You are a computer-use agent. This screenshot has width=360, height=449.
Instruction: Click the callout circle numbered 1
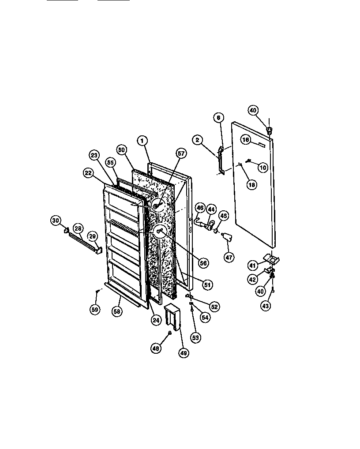(x=142, y=141)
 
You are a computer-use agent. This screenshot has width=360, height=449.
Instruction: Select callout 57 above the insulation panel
(x=181, y=153)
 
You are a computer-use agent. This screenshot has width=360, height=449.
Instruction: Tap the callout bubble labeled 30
(x=56, y=221)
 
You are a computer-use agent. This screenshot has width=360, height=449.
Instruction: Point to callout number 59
(x=95, y=309)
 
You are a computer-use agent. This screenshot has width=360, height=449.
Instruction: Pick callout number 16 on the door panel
(x=246, y=140)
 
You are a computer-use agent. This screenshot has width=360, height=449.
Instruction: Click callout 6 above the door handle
(x=217, y=117)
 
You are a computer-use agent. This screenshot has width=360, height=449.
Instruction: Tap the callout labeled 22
(x=88, y=174)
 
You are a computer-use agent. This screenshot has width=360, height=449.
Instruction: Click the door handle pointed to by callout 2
(x=221, y=160)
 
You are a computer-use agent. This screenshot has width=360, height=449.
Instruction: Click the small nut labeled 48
(x=170, y=333)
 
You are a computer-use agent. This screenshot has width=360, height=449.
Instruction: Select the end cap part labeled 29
(x=98, y=250)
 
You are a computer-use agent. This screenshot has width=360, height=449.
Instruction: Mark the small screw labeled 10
(x=249, y=161)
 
